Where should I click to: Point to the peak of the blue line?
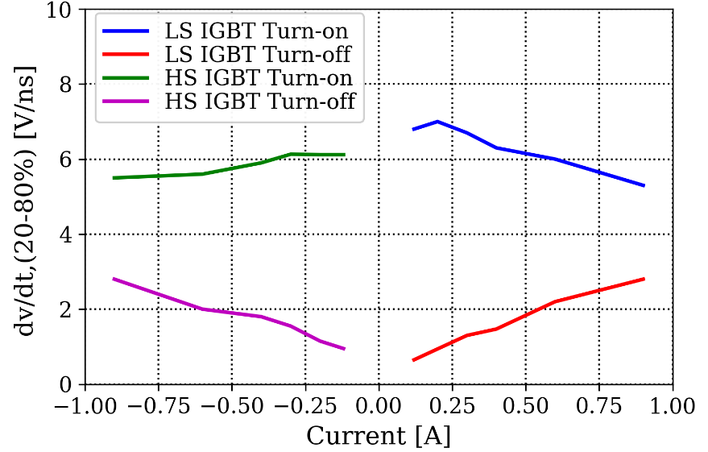(437, 122)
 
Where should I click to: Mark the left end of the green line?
(114, 177)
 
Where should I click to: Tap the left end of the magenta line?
(114, 279)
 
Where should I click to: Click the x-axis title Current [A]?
(378, 436)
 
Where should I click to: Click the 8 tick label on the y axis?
(64, 85)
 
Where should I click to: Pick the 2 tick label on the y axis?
(64, 309)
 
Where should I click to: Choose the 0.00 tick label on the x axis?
(378, 403)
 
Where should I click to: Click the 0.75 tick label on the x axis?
(599, 403)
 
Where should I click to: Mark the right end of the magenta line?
(344, 349)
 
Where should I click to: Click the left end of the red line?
(413, 360)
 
